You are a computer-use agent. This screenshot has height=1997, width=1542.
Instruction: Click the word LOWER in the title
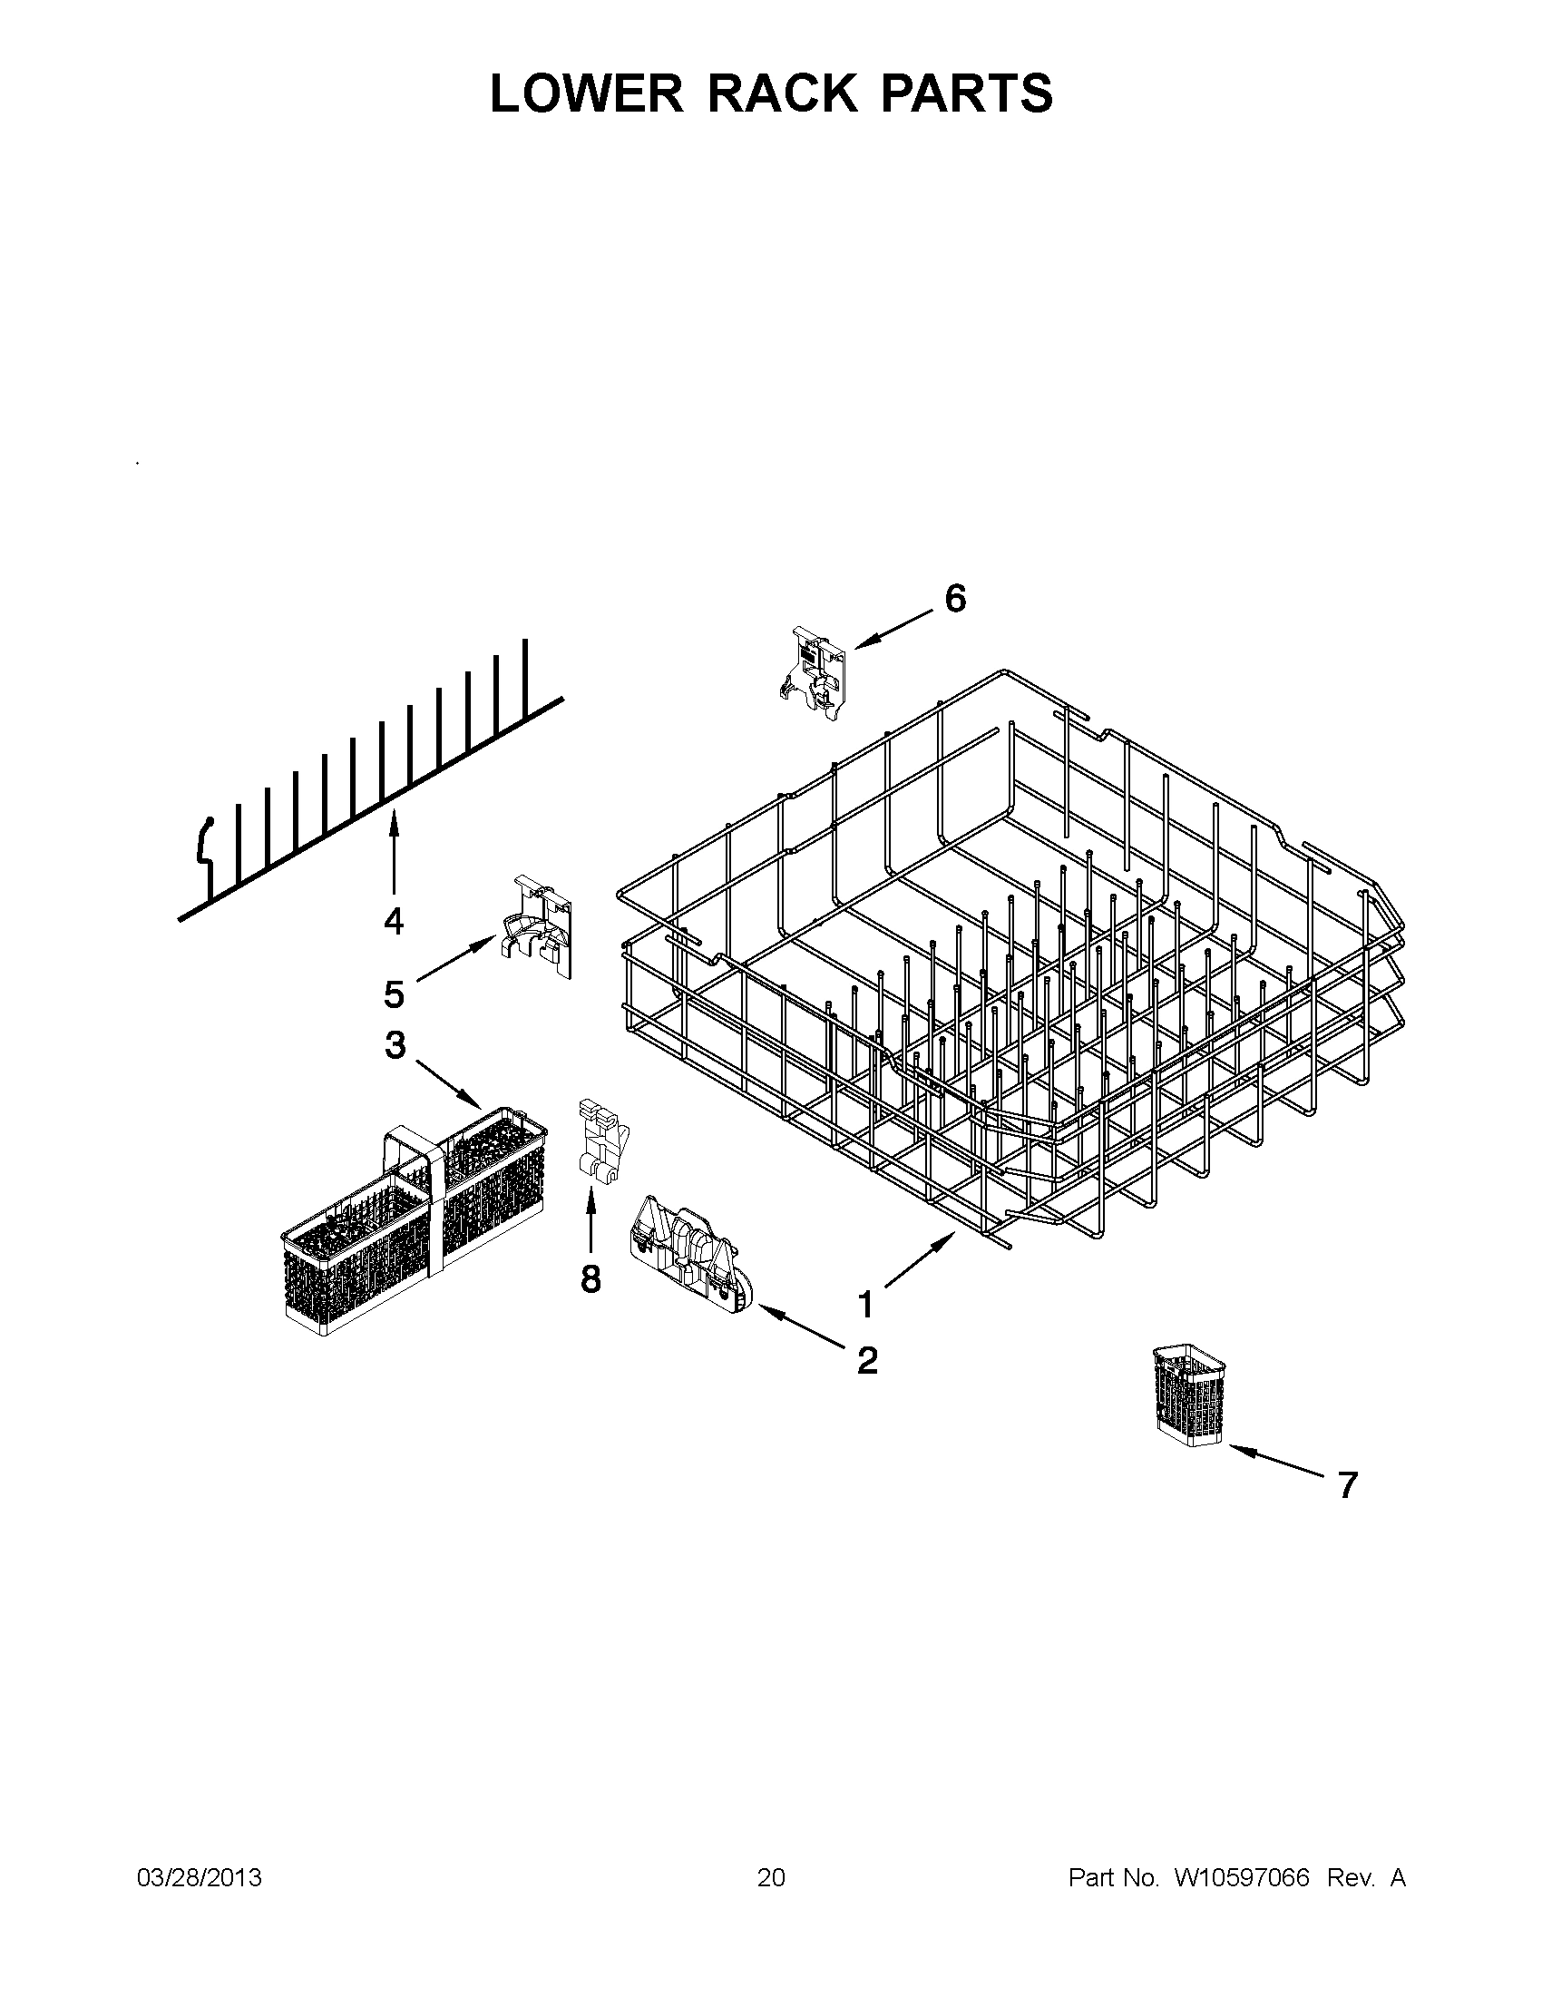(586, 93)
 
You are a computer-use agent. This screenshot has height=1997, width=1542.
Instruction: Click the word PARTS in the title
(966, 93)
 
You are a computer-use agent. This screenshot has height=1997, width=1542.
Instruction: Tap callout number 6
(954, 600)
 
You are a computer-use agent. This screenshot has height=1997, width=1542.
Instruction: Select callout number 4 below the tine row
(393, 922)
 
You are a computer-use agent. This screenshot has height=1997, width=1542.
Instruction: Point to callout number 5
(393, 994)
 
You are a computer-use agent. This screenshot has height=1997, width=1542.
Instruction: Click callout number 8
(590, 1279)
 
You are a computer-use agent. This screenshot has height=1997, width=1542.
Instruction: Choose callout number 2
(866, 1386)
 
